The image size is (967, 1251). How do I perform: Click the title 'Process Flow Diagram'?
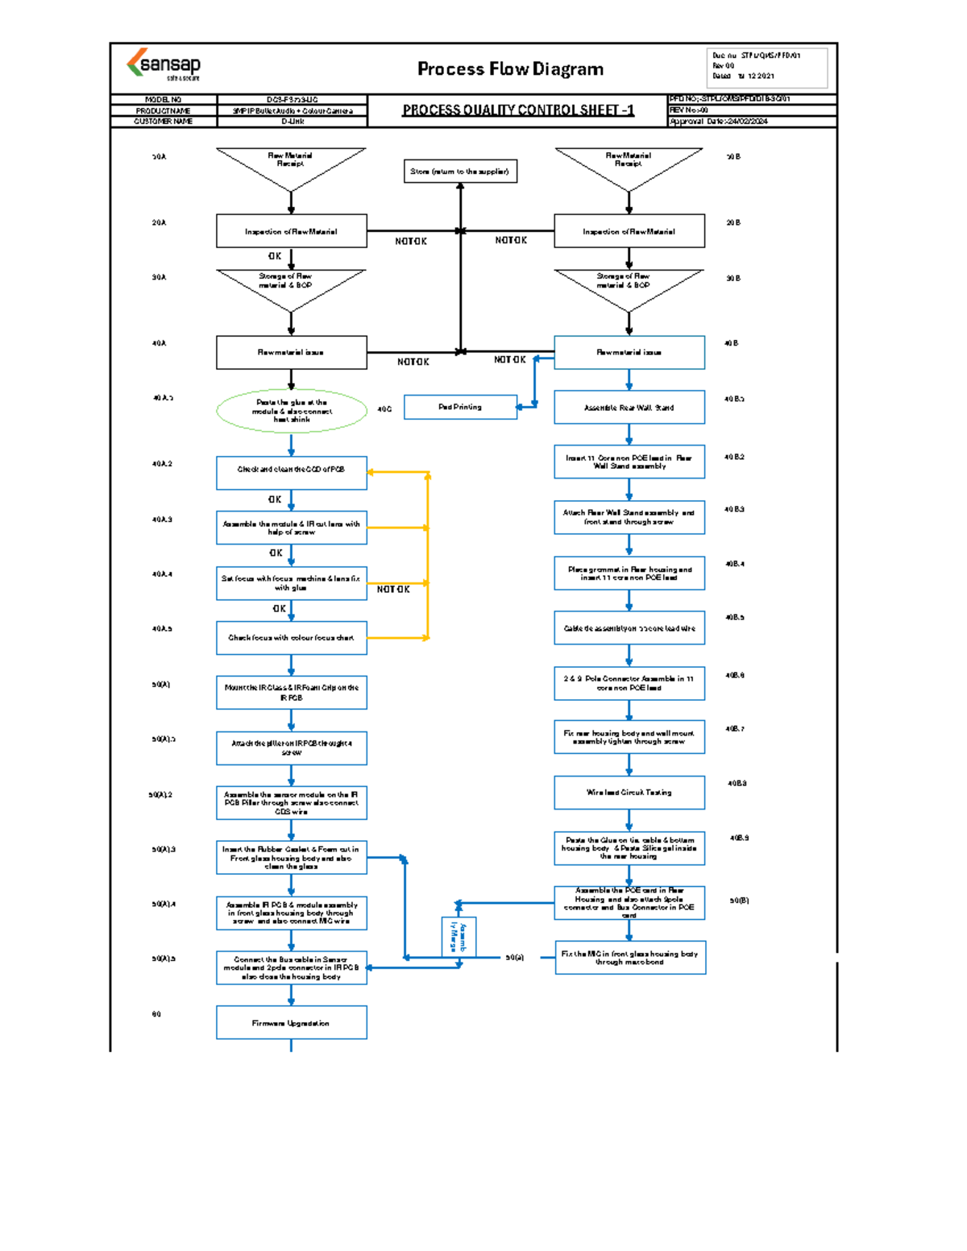pyautogui.click(x=510, y=69)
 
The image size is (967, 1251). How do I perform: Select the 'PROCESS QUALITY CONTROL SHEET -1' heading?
pyautogui.click(x=518, y=110)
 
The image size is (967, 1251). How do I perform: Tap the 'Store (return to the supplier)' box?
pyautogui.click(x=460, y=172)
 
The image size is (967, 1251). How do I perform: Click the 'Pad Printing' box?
pyautogui.click(x=460, y=407)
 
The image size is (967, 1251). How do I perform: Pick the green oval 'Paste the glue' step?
pyautogui.click(x=291, y=411)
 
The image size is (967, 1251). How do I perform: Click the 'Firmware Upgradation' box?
pyautogui.click(x=291, y=1023)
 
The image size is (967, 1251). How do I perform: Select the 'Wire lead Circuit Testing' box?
pyautogui.click(x=629, y=793)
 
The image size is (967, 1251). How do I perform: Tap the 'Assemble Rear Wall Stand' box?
pyautogui.click(x=629, y=408)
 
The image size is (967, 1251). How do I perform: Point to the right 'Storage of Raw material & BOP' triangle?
pyautogui.click(x=629, y=285)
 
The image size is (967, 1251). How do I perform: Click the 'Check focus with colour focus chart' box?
pyautogui.click(x=291, y=637)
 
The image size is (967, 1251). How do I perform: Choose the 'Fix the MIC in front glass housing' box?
pyautogui.click(x=630, y=958)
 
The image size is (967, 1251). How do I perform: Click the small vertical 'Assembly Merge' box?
pyautogui.click(x=459, y=937)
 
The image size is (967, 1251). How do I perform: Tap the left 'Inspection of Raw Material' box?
pyautogui.click(x=291, y=231)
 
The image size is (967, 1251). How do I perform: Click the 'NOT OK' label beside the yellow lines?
pyautogui.click(x=393, y=590)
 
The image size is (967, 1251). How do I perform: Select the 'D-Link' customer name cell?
pyautogui.click(x=293, y=122)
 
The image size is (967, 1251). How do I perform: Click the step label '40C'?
pyautogui.click(x=384, y=409)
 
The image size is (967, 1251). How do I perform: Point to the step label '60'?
pyautogui.click(x=156, y=1014)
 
